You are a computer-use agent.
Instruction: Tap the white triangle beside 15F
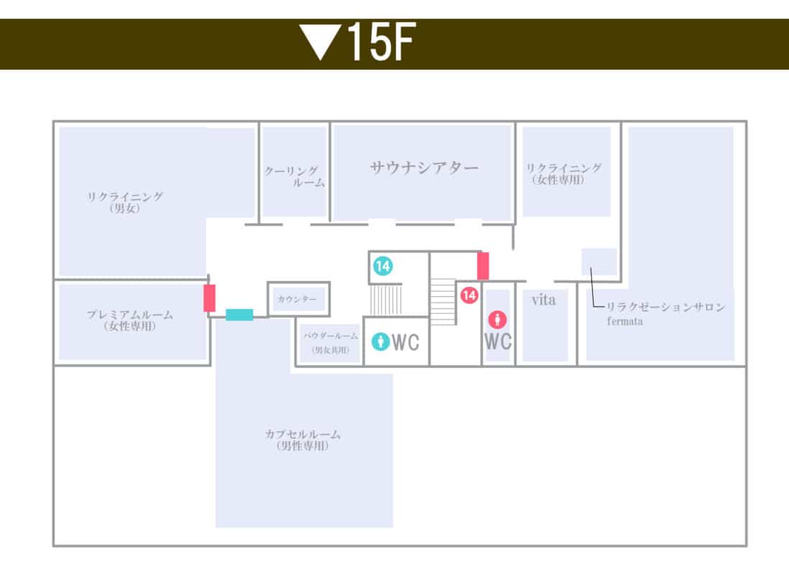(320, 41)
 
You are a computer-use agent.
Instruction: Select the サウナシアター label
(424, 167)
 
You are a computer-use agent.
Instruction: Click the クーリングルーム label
(295, 177)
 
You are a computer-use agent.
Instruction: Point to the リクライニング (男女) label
(125, 203)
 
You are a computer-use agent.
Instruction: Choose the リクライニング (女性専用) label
(563, 174)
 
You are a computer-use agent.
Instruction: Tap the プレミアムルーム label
(130, 321)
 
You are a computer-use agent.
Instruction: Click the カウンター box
(298, 299)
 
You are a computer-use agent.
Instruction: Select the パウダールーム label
(331, 342)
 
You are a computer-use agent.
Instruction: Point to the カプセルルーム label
(303, 440)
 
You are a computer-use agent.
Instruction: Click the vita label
(543, 300)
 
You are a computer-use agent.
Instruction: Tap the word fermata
(624, 321)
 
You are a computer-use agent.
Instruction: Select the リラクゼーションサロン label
(665, 307)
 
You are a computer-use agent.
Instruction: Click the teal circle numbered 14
(383, 266)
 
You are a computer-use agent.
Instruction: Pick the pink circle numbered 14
(469, 295)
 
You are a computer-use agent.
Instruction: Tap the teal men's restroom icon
(380, 341)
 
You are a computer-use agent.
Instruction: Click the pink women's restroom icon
(498, 319)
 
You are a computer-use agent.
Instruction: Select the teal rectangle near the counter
(239, 315)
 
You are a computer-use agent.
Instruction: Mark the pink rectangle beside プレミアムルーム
(209, 298)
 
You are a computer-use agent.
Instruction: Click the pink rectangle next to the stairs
(483, 266)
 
